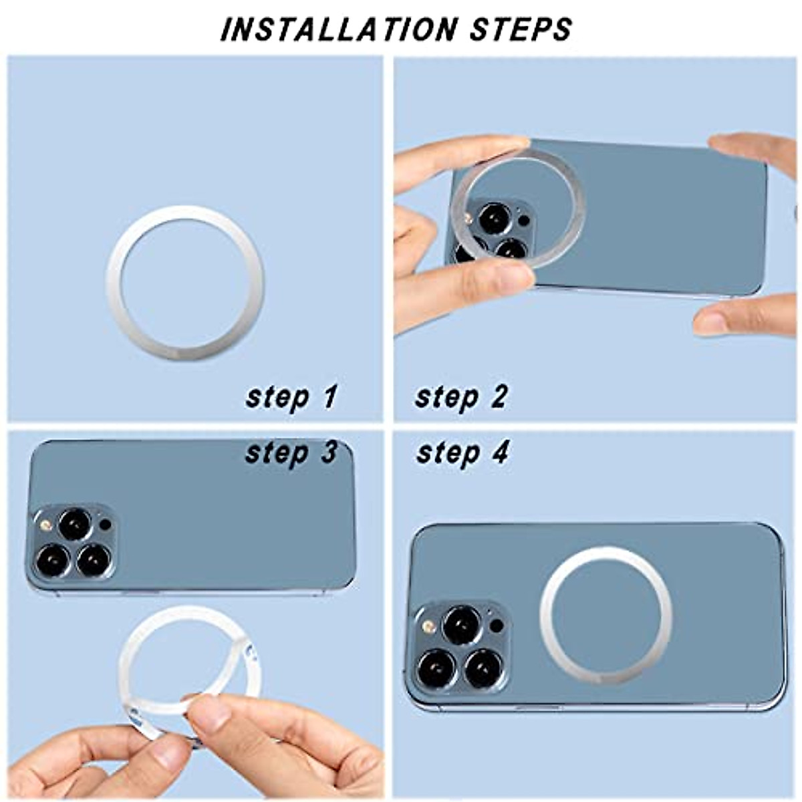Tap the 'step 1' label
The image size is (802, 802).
pyautogui.click(x=291, y=397)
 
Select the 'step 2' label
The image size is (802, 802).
pyautogui.click(x=461, y=397)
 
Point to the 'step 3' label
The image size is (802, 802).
pyautogui.click(x=291, y=453)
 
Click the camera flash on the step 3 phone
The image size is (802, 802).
pyautogui.click(x=45, y=525)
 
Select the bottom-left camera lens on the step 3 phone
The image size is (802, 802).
pyautogui.click(x=53, y=560)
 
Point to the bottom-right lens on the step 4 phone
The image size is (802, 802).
pyautogui.click(x=483, y=667)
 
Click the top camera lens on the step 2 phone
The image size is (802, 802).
pyautogui.click(x=495, y=218)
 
